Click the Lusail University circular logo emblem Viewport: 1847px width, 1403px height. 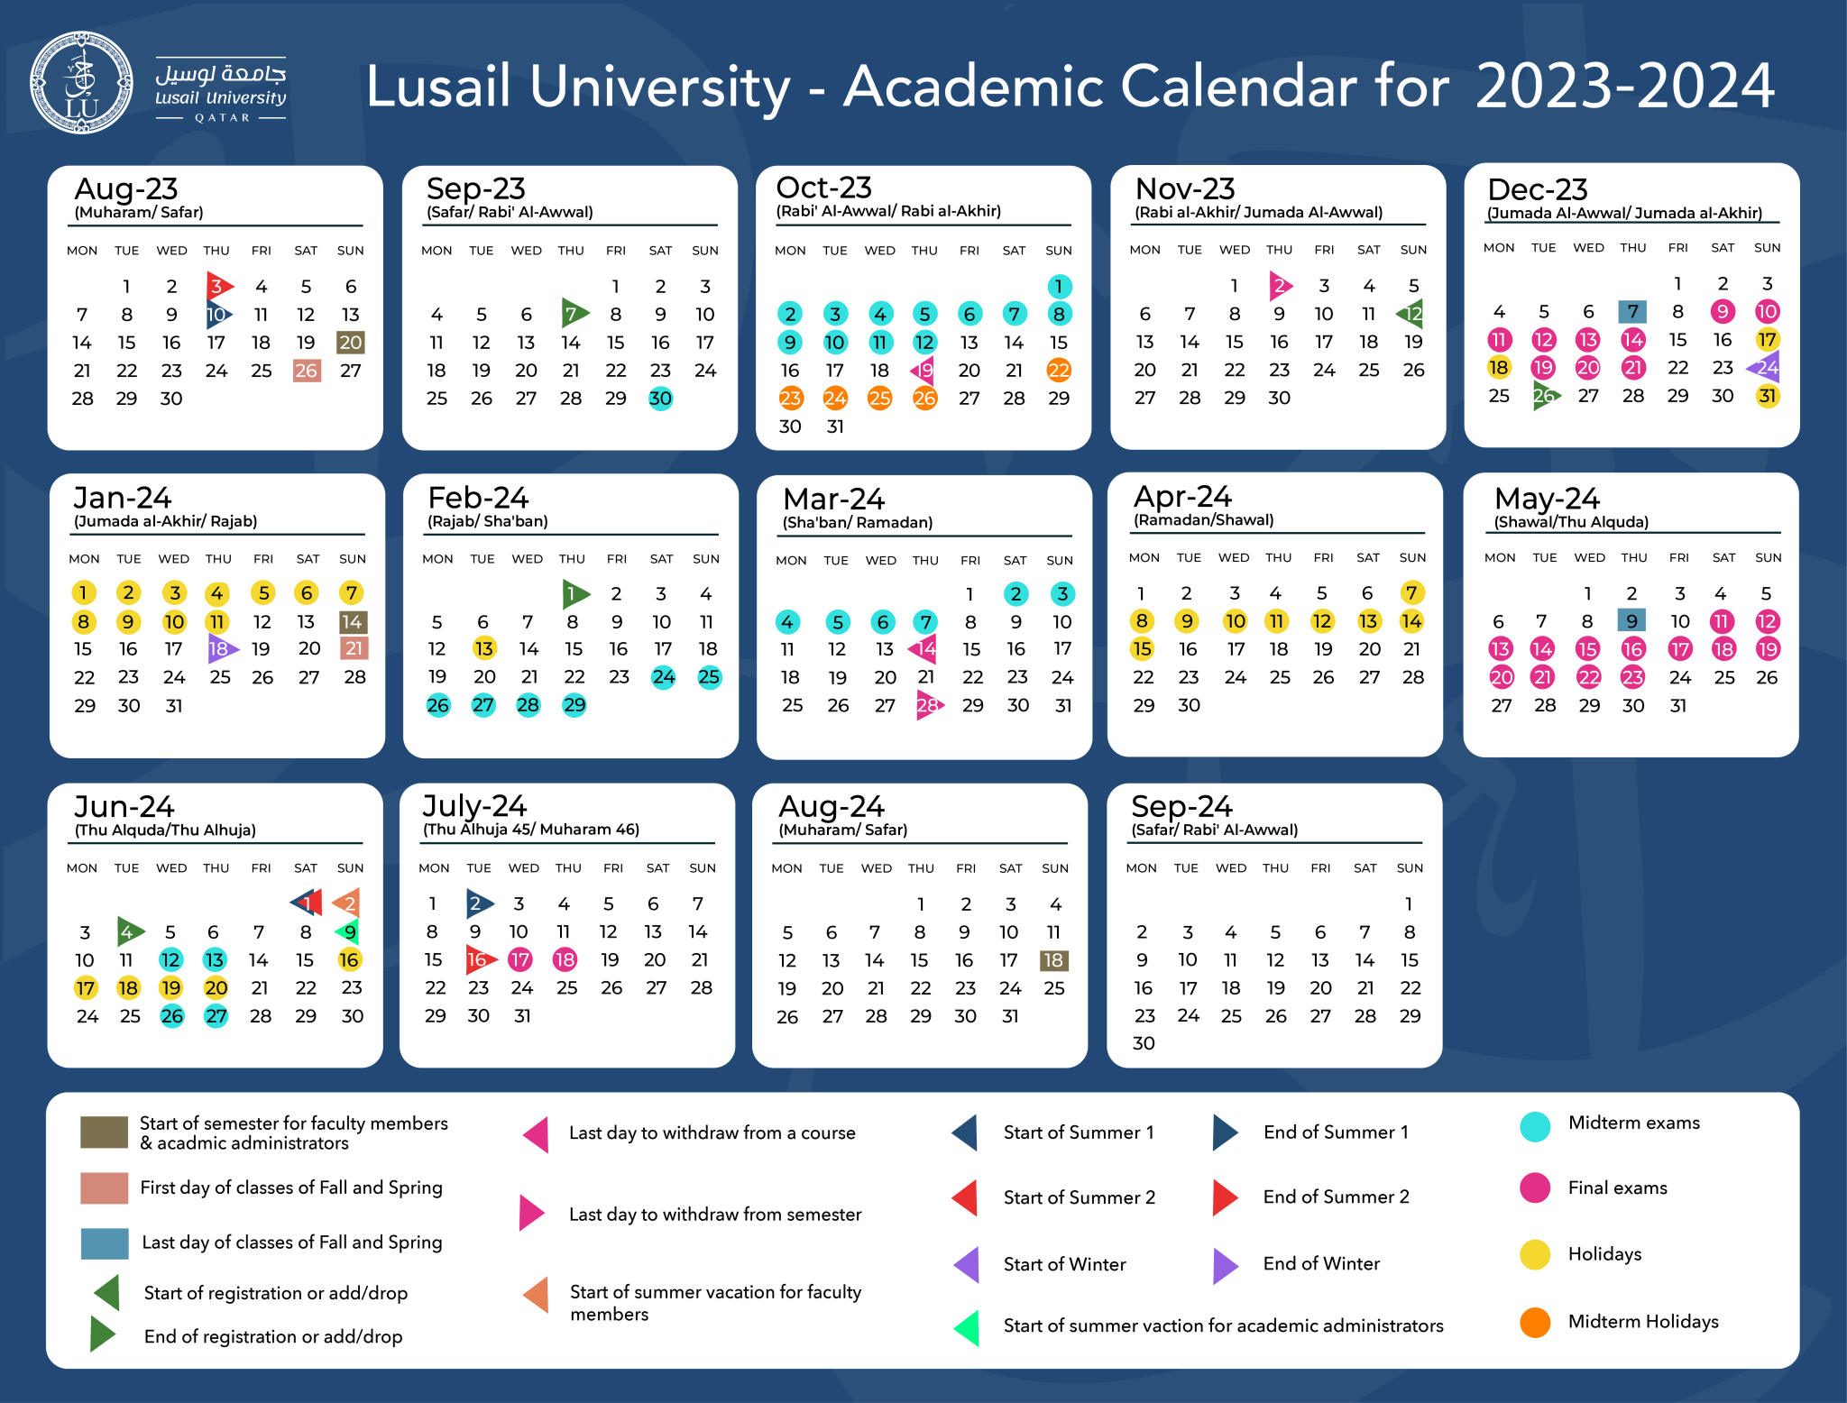click(81, 83)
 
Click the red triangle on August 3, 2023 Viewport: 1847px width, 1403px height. click(217, 287)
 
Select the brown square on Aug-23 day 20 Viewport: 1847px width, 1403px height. click(350, 343)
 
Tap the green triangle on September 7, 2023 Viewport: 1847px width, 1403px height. click(573, 314)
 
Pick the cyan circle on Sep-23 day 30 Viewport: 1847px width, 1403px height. click(660, 399)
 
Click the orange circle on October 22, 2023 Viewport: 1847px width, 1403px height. click(1059, 371)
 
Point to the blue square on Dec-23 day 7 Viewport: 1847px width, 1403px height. click(1632, 312)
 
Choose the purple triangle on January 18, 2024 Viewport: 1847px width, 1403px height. click(220, 649)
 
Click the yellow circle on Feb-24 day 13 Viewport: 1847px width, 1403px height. click(484, 649)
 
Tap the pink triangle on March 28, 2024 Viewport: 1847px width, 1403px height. click(928, 705)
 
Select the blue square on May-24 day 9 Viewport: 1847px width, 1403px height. click(1631, 621)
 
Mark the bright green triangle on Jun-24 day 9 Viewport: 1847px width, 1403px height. click(348, 931)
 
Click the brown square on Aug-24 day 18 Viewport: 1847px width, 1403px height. click(1053, 960)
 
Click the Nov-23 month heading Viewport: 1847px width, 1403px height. click(1184, 188)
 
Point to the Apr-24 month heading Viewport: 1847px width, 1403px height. click(1182, 497)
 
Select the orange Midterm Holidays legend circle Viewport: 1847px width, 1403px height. click(1535, 1323)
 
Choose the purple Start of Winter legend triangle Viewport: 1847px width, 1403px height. click(969, 1265)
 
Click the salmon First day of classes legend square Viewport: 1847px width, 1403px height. click(104, 1188)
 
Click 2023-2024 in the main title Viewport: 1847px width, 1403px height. click(1624, 87)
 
